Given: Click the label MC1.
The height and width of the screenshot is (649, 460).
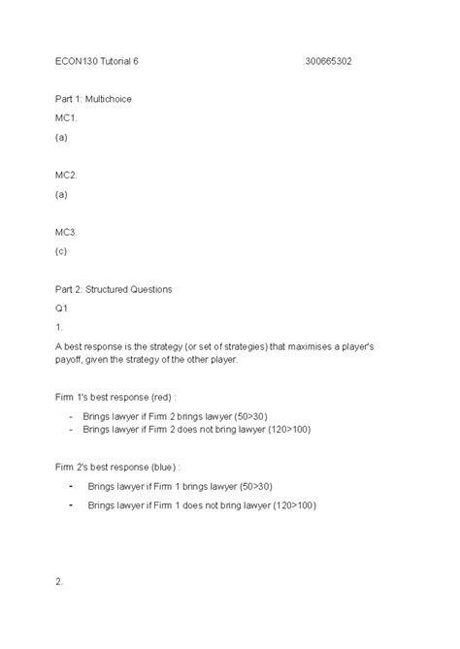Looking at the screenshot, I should [65, 118].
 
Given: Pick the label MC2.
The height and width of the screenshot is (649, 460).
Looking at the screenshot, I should [65, 175].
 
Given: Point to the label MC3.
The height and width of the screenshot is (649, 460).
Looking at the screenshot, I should [65, 232].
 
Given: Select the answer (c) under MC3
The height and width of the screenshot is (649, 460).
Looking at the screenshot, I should [61, 250].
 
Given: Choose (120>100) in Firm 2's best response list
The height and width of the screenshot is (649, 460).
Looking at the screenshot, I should [293, 505].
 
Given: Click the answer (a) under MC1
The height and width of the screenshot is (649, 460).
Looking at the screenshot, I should [61, 137].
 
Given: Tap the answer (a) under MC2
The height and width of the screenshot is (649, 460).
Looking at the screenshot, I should [61, 194].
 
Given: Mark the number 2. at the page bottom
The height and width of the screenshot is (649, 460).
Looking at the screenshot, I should [59, 581].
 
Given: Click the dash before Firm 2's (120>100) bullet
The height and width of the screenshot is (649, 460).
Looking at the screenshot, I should [73, 505].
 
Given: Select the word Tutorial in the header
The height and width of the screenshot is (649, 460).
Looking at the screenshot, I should [123, 61].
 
